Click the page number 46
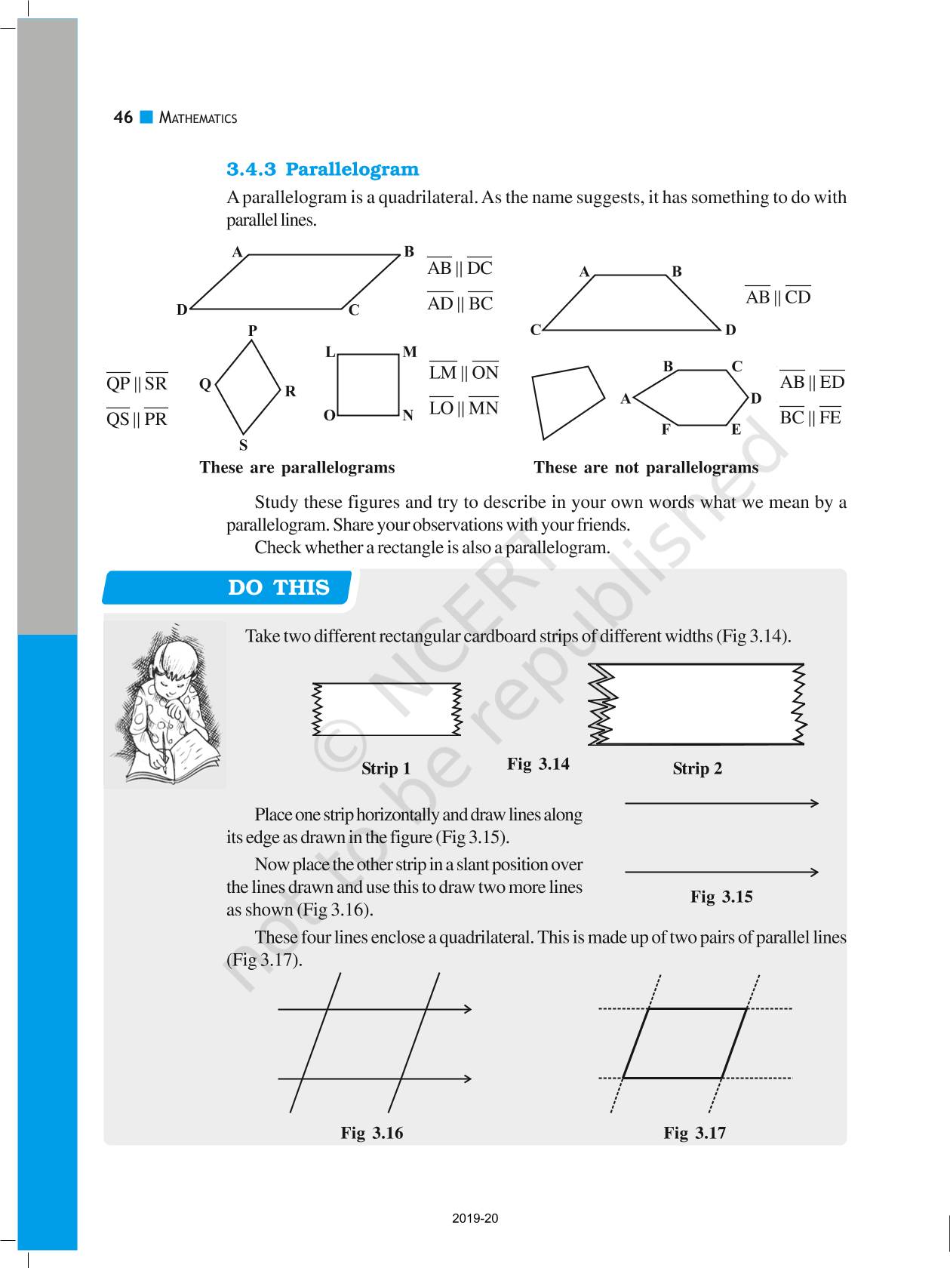point(123,117)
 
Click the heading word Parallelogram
point(352,169)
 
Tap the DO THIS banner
point(278,587)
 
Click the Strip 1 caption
point(386,768)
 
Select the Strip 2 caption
point(697,768)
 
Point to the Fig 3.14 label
point(538,764)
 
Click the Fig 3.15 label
point(721,897)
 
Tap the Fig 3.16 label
point(372,1133)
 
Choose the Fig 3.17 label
point(695,1133)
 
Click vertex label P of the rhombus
point(253,330)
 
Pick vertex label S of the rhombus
point(243,445)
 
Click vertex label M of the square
point(410,352)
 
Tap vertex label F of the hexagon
point(666,429)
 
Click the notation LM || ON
point(464,372)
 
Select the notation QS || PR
point(137,419)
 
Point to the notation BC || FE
point(810,417)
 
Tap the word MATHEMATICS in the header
point(198,118)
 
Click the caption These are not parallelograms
point(646,468)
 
